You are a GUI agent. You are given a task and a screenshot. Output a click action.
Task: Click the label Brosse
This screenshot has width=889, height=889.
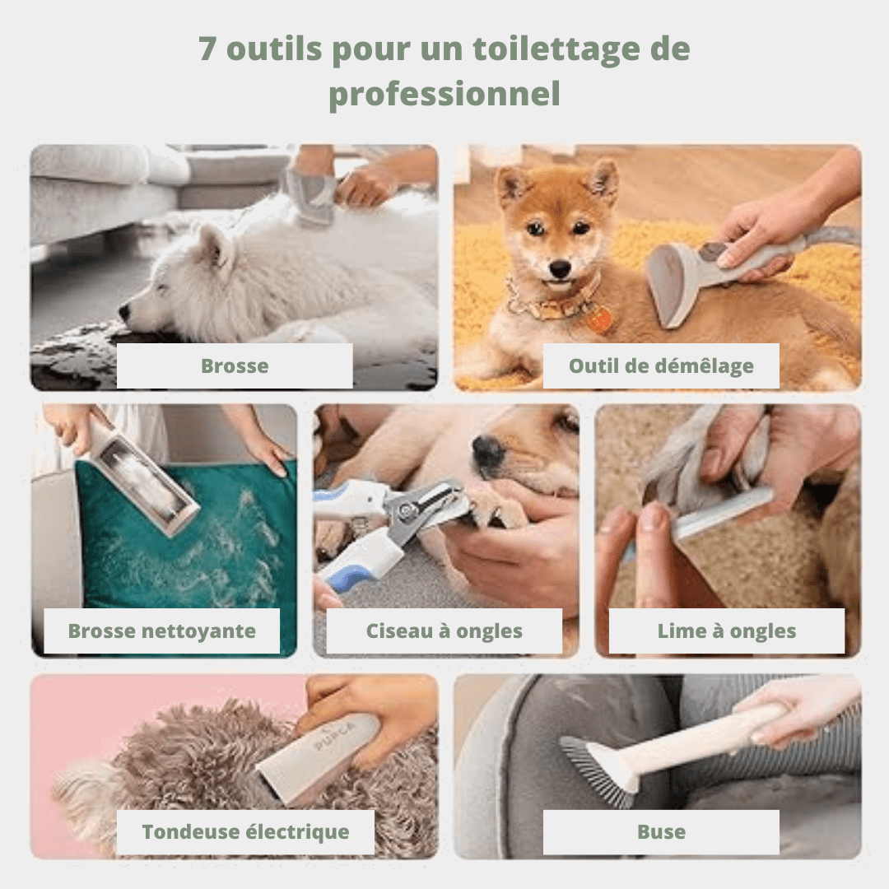[x=235, y=365]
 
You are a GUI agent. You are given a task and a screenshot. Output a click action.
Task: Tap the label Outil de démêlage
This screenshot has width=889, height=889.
[x=661, y=365]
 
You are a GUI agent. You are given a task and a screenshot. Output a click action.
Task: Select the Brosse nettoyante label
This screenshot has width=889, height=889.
[x=161, y=631]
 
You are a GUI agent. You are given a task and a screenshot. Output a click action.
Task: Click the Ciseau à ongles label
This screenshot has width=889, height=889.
[x=444, y=631]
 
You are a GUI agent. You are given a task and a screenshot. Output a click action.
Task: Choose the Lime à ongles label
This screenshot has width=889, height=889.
[x=726, y=631]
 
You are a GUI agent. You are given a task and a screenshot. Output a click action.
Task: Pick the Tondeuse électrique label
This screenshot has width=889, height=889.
[x=245, y=831]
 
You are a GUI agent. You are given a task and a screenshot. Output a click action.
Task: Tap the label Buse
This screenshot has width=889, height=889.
[x=661, y=831]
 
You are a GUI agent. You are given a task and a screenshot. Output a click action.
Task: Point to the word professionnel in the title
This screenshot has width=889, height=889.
[x=444, y=94]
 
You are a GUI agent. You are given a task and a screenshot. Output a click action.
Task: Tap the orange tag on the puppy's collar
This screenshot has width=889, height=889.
[x=600, y=319]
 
